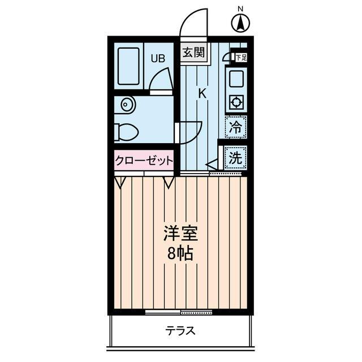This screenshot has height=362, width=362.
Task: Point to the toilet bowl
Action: (x=126, y=132)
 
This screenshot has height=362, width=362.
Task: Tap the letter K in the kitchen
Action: (x=201, y=94)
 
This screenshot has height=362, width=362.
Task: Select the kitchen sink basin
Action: (x=236, y=78)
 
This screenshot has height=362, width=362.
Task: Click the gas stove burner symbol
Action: (x=236, y=103)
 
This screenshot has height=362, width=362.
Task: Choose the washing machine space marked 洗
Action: (x=235, y=158)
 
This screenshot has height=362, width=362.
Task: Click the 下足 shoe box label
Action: (x=241, y=57)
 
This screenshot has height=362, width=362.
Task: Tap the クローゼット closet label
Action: (x=144, y=161)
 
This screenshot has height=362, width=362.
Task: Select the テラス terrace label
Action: (x=180, y=331)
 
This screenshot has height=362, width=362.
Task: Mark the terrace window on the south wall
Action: (x=179, y=312)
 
